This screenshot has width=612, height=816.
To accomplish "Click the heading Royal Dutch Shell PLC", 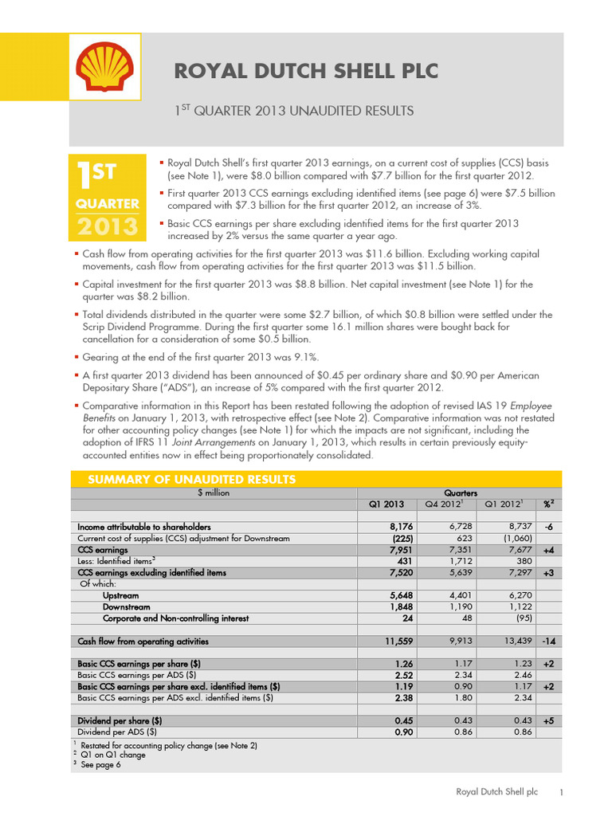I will pos(306,71).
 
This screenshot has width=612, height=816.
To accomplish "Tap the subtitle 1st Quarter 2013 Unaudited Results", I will pos(294,111).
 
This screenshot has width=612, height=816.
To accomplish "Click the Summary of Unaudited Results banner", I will pos(184,479).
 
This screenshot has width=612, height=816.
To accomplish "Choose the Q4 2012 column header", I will pos(444,504).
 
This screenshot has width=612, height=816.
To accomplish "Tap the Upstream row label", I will pos(121,595).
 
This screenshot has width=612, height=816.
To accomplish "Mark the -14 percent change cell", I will pos(549,641).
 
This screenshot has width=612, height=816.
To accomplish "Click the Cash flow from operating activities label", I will pos(143,641).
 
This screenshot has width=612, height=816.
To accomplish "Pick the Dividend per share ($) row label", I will pos(120,720).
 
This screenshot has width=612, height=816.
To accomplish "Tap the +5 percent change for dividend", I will pos(549,720).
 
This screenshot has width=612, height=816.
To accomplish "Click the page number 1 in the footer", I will pos(562,792).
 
